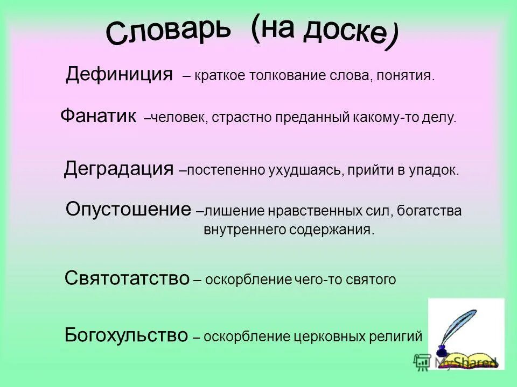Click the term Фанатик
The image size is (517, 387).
coord(98,116)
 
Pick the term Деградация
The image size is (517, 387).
coord(118,169)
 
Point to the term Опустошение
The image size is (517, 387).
coord(128,209)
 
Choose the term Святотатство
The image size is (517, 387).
coord(127,278)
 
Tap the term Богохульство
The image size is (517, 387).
coord(126,336)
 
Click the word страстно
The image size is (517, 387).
coord(241,117)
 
